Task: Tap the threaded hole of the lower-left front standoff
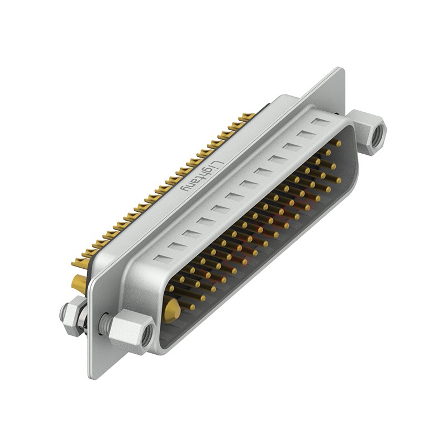click(x=147, y=335)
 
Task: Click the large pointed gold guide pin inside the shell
click(x=174, y=308)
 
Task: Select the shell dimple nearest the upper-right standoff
click(x=321, y=122)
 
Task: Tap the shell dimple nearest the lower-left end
click(x=160, y=258)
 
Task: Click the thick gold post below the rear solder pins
click(x=79, y=283)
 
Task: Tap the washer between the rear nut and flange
click(x=83, y=318)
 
